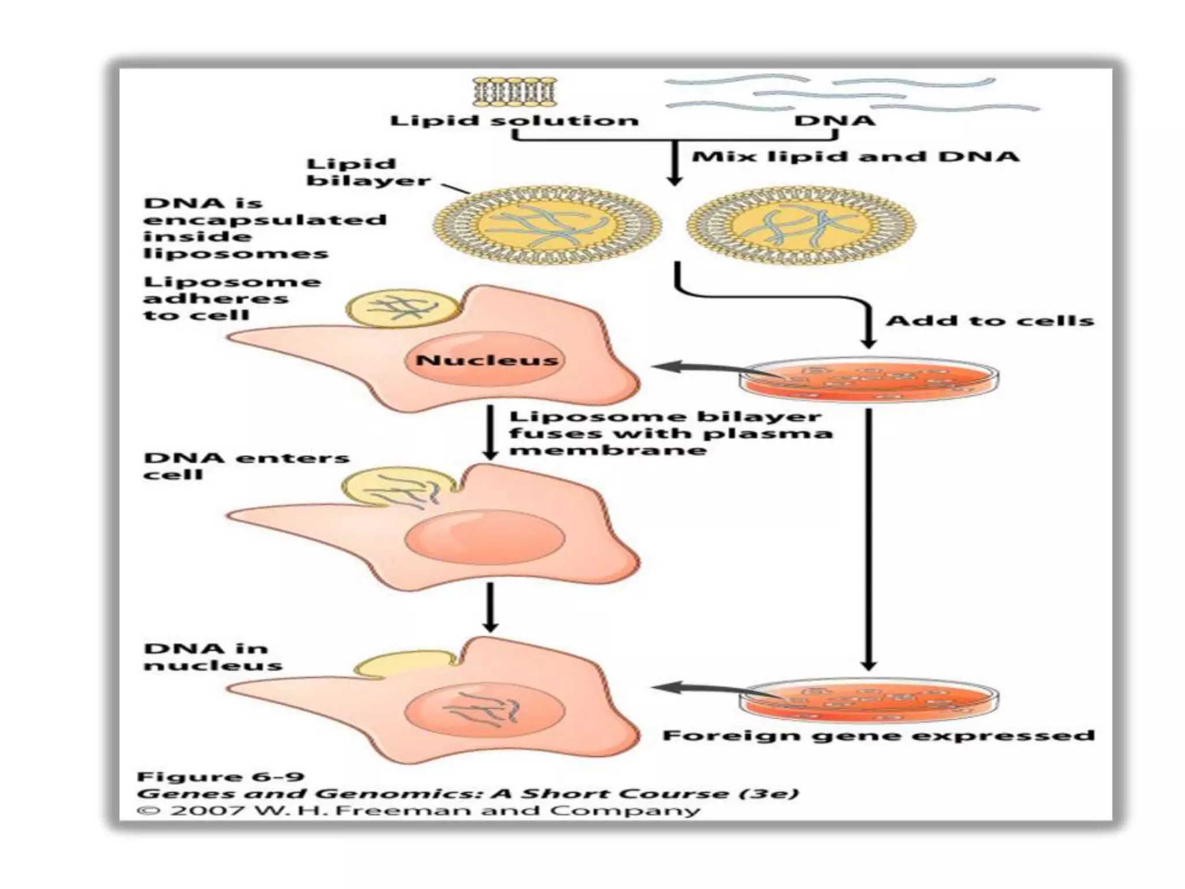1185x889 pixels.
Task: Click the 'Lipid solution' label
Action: [514, 121]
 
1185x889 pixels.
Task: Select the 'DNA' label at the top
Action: [834, 121]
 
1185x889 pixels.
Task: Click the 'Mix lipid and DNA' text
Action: [855, 157]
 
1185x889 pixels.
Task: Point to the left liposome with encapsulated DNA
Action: [547, 225]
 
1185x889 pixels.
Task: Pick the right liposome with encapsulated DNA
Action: [801, 225]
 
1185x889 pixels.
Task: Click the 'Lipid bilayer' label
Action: [368, 172]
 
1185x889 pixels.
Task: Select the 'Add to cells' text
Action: [989, 321]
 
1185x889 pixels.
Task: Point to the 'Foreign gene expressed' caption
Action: [878, 736]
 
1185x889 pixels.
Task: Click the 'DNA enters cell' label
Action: [246, 466]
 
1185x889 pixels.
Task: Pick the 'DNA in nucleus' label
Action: [212, 656]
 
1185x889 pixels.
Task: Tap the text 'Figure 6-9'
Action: [220, 777]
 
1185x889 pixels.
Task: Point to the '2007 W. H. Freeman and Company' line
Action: [418, 810]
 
